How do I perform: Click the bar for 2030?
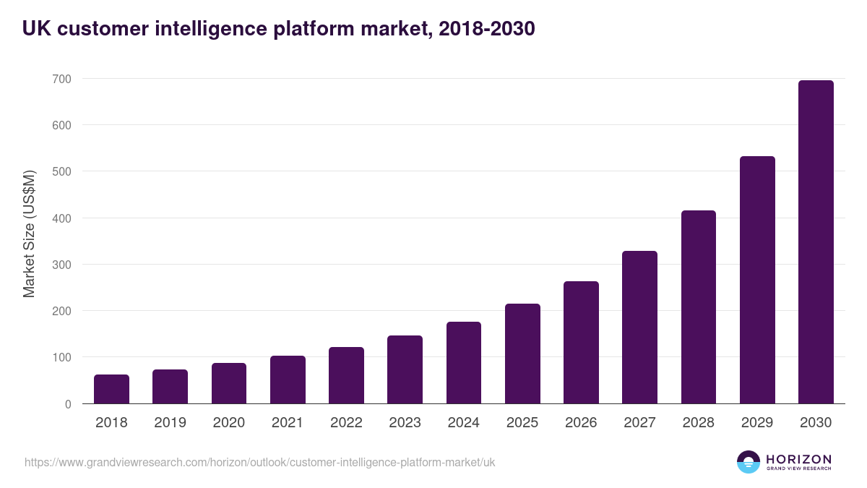coord(816,242)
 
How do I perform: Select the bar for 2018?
coord(111,389)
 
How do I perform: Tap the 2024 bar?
coord(464,363)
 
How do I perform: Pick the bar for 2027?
coord(639,328)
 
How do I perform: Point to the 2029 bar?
coord(757,280)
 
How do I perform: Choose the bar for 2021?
coord(288,380)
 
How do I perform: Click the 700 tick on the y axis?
coord(61,79)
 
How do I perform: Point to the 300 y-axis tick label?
coord(61,265)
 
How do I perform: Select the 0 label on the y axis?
coord(68,404)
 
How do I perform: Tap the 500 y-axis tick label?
coord(61,172)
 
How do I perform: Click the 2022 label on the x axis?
coord(346,423)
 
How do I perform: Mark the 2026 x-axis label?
coord(581,423)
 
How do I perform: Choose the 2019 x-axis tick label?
coord(170,423)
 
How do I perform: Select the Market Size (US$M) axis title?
coord(29,234)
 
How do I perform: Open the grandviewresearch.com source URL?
coord(259,462)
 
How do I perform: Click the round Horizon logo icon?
coord(748,462)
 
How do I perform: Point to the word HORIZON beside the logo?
coord(798,459)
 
